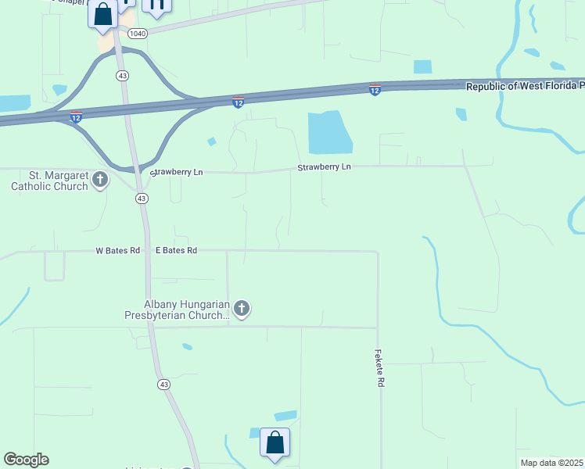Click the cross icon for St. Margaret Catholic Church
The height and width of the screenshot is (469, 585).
100,181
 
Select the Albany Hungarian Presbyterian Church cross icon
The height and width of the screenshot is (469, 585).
242,309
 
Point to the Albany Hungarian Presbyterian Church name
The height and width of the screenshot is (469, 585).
186,310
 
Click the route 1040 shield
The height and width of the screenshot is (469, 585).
138,34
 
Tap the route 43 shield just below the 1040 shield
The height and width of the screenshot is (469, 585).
122,75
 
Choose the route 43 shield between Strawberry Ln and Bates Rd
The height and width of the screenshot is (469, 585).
142,199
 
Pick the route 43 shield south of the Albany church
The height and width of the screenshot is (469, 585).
163,385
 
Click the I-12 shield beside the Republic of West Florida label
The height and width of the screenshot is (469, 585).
375,91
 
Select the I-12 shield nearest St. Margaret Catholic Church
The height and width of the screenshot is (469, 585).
76,117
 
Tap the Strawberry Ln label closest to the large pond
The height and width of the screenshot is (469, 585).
324,167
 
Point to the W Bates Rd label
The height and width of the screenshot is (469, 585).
117,251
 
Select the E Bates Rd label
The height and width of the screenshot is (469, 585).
176,251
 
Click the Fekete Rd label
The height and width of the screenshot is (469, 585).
379,369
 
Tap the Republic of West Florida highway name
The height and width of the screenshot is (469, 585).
524,86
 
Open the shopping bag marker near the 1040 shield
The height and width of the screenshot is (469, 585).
102,13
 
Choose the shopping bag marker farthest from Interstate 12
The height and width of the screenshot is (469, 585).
275,443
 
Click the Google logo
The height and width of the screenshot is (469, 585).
26,460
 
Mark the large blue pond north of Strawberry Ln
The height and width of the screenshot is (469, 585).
329,132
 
